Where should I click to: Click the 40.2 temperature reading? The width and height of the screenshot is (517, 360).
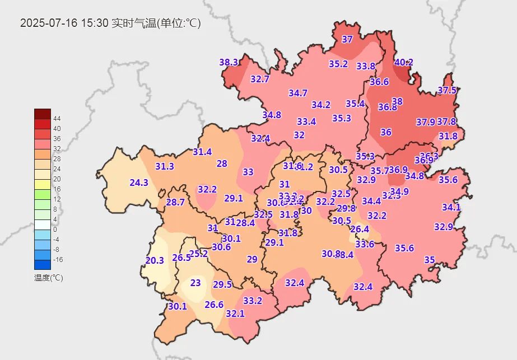403,62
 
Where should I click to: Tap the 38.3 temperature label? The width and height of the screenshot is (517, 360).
229,62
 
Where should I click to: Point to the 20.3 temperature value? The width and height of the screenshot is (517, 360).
155,260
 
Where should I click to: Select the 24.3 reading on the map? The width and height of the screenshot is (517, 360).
139,183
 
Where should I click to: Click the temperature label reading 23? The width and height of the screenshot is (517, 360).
195,283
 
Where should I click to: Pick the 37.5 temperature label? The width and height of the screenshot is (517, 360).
447,90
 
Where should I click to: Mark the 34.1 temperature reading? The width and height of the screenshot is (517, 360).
451,207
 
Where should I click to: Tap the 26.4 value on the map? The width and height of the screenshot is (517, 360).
360,229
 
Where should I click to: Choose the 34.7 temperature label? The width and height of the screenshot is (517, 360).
298,93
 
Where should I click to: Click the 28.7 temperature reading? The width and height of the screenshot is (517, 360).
175,202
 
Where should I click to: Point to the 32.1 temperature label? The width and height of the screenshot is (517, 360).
235,314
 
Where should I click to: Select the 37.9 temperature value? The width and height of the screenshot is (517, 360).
426,121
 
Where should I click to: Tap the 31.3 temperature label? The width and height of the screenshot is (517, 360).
165,166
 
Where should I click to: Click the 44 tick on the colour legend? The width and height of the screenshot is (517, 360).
57,119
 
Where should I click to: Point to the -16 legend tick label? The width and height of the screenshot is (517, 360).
58,260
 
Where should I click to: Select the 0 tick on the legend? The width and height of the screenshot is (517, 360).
55,230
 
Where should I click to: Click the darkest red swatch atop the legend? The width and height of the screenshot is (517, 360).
42,113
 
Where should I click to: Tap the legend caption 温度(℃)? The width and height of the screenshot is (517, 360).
48,278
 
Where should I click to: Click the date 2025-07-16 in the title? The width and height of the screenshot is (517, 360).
49,24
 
